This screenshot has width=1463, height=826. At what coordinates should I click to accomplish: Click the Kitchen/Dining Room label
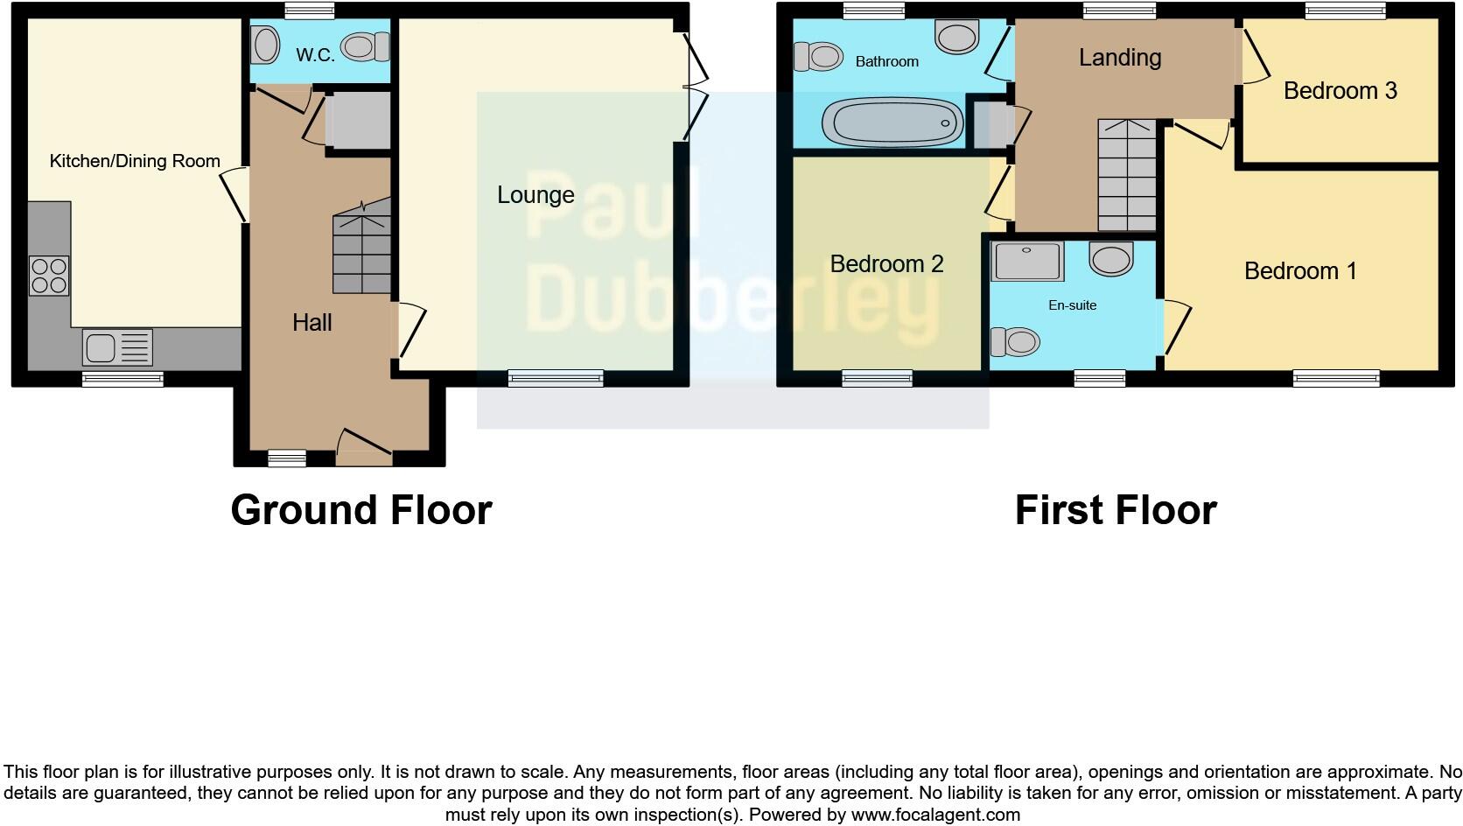pyautogui.click(x=135, y=161)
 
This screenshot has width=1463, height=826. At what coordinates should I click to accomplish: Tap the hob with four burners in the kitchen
pyautogui.click(x=49, y=276)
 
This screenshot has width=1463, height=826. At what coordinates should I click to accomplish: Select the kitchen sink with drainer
pyautogui.click(x=117, y=347)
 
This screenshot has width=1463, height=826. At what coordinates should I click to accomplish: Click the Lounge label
pyautogui.click(x=535, y=194)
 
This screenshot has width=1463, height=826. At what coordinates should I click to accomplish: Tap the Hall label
pyautogui.click(x=312, y=323)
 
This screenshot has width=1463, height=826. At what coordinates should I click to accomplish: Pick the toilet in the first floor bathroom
pyautogui.click(x=818, y=57)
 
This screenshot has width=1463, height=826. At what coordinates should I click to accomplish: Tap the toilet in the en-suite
pyautogui.click(x=1015, y=341)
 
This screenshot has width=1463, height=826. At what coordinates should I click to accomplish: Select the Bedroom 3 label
pyautogui.click(x=1340, y=91)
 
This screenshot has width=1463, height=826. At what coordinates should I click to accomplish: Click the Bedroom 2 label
pyautogui.click(x=886, y=264)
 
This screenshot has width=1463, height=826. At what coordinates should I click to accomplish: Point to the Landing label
pyautogui.click(x=1120, y=58)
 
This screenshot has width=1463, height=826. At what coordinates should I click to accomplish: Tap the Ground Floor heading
pyautogui.click(x=361, y=509)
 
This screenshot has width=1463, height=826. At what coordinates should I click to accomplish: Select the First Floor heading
pyautogui.click(x=1116, y=509)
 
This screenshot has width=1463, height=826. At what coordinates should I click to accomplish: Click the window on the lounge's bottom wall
pyautogui.click(x=556, y=378)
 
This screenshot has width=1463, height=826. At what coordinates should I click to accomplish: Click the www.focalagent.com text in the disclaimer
pyautogui.click(x=935, y=815)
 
